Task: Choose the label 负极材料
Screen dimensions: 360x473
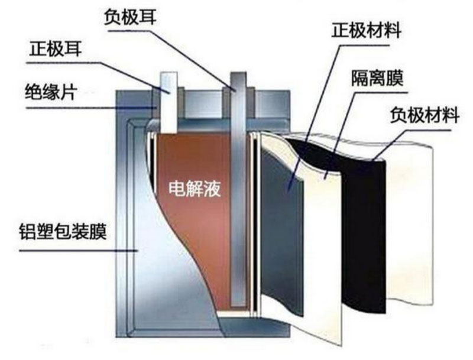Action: coord(424,115)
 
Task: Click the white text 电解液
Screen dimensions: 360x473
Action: coord(190,189)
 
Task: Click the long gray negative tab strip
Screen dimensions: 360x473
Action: coord(238,195)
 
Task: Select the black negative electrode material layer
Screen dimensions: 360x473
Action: coord(365,236)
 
